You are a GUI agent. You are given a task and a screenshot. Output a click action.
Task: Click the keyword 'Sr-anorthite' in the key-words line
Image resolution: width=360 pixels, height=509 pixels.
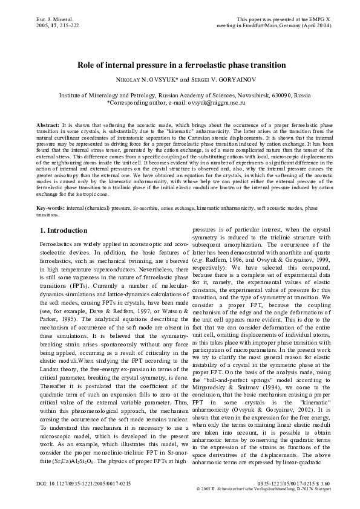point(147,208)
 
